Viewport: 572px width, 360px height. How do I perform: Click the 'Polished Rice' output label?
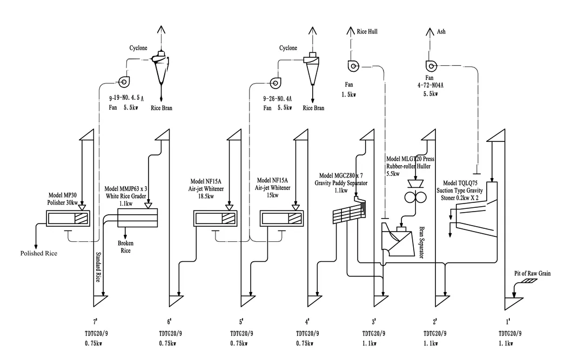[x=39, y=253]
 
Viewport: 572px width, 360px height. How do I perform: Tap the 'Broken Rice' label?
[x=125, y=247]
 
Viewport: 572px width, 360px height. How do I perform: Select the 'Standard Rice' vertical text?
[x=98, y=267]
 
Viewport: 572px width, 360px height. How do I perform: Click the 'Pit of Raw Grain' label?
[x=532, y=273]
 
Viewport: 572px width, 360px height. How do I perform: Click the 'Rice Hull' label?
[x=367, y=31]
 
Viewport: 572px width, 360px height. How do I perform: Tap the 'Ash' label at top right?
[x=441, y=31]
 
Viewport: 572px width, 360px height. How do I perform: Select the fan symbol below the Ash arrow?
[x=431, y=66]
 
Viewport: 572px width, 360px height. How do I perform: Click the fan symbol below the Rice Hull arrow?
[x=353, y=66]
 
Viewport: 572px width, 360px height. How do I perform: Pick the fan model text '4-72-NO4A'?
[x=430, y=85]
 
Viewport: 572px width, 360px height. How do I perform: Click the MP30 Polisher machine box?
[x=68, y=218]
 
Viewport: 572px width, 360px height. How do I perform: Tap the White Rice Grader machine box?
[x=138, y=218]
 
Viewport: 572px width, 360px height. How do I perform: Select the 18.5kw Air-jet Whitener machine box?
[x=215, y=218]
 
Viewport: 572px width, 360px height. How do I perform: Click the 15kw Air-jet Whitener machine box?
[x=281, y=218]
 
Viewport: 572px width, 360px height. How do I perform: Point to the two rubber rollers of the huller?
[x=415, y=197]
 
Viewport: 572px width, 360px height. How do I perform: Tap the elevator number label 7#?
[x=95, y=321]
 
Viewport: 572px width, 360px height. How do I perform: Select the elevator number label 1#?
[x=508, y=321]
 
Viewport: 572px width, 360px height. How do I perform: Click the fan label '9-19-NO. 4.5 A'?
[x=126, y=98]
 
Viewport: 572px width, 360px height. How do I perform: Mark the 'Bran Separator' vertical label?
[x=421, y=243]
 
